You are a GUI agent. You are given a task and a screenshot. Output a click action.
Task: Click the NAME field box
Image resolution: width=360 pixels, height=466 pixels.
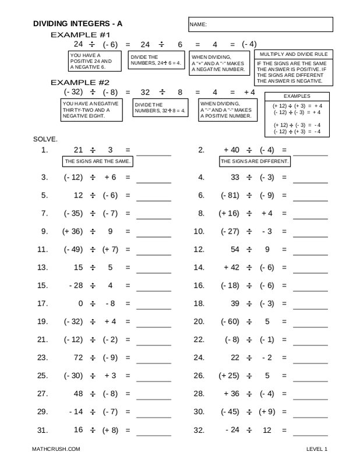point(260,24)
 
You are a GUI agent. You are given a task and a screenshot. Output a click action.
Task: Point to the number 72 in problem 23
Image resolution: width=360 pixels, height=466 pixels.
point(79,357)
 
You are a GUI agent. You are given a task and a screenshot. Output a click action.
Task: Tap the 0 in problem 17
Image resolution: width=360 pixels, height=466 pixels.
point(80,303)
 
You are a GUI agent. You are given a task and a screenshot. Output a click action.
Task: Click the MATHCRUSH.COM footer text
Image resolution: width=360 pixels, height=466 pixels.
point(56,450)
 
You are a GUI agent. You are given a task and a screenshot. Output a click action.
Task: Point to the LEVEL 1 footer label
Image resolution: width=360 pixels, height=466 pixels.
point(317,450)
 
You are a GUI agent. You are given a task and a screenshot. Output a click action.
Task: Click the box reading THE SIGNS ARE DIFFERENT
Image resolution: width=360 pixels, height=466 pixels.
point(255,161)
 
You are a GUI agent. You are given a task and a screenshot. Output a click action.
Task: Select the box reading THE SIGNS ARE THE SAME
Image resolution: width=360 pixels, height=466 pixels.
point(98,161)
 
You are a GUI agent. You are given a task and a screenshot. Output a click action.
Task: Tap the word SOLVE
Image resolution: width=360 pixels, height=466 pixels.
point(46,140)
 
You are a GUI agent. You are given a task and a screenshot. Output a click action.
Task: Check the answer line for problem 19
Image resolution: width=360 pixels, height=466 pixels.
point(154,323)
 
